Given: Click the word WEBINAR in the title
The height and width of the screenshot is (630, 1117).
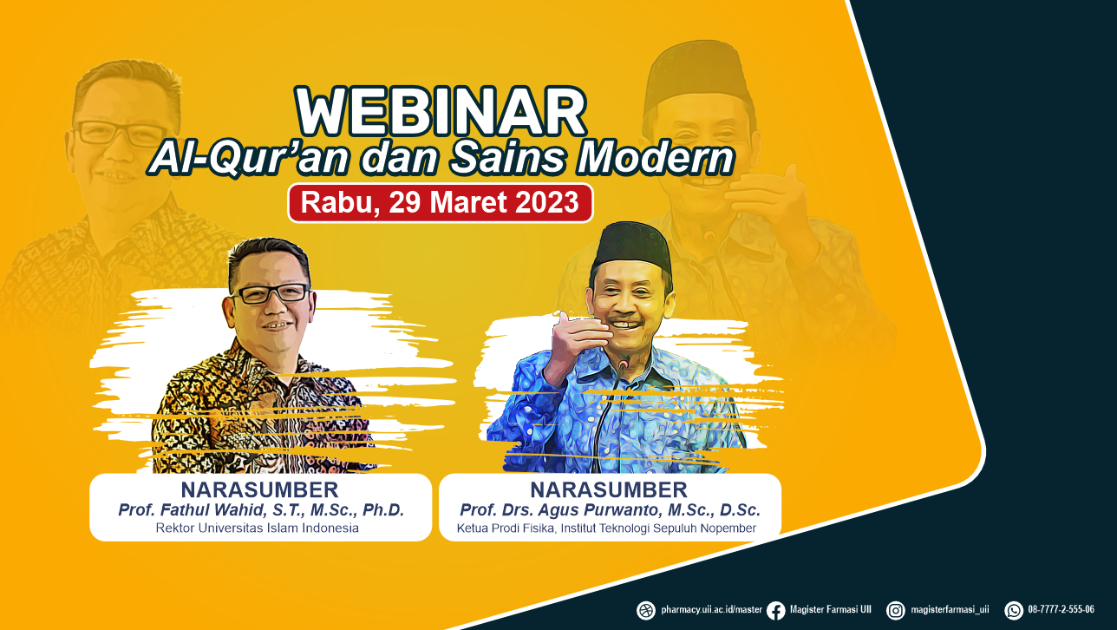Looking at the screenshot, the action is [441, 111].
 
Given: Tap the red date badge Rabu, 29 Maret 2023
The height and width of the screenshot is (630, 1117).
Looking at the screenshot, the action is [441, 203].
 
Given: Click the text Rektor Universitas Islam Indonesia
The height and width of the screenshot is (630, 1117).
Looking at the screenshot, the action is [258, 528].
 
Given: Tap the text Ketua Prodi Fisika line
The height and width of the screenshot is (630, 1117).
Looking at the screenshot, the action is [606, 528].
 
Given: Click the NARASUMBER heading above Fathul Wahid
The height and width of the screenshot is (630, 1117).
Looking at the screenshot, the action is [260, 489].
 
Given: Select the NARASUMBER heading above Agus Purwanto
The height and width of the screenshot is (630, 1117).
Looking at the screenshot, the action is [609, 489].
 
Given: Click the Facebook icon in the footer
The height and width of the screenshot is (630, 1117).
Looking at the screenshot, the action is [775, 611].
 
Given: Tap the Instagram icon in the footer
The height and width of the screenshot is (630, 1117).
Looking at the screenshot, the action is [896, 611].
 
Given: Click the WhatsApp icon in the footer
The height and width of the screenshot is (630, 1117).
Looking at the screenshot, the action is [1014, 611].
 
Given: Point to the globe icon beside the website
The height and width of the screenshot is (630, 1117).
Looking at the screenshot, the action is [646, 611].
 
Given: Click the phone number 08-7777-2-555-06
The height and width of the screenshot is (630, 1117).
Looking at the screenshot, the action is [1061, 609].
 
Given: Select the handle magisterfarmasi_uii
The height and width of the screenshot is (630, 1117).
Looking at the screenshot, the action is [950, 609].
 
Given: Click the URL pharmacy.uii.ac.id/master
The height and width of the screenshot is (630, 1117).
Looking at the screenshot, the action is [712, 609].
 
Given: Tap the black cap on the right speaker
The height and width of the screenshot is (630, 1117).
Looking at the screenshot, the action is [632, 247].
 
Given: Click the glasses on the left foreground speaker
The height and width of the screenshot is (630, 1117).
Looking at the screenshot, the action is [271, 293].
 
